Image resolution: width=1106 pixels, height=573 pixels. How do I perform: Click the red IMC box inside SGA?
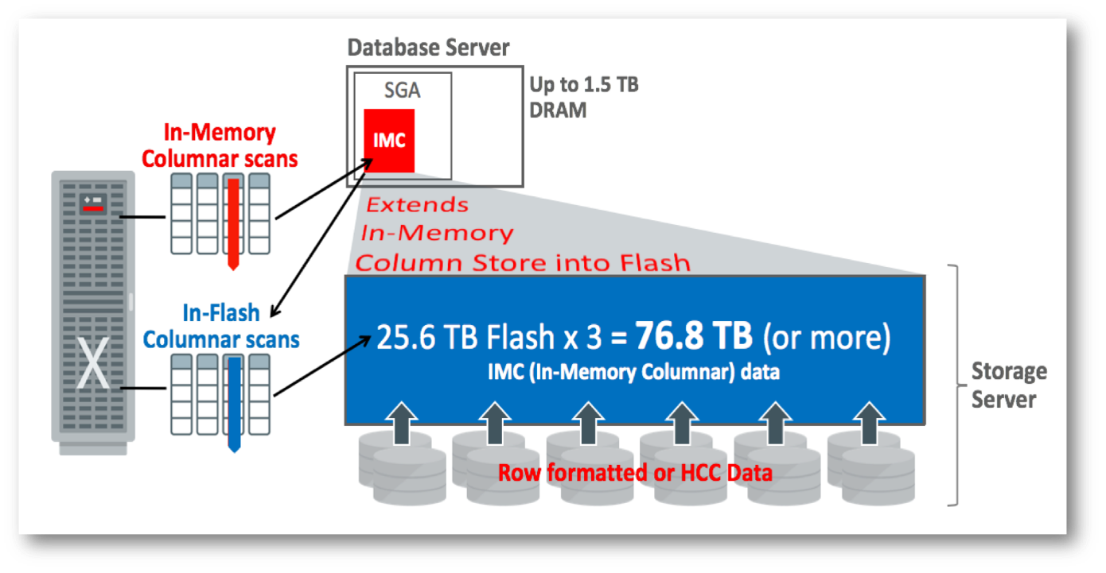pyautogui.click(x=389, y=141)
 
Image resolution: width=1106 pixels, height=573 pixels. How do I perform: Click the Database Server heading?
pyautogui.click(x=428, y=48)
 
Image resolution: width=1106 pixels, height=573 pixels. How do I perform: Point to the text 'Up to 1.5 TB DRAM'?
pyautogui.click(x=583, y=97)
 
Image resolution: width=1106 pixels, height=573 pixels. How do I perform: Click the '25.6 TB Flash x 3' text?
pyautogui.click(x=489, y=338)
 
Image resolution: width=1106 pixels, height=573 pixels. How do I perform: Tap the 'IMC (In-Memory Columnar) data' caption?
pyautogui.click(x=633, y=372)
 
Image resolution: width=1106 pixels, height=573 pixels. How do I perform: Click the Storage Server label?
pyautogui.click(x=1008, y=385)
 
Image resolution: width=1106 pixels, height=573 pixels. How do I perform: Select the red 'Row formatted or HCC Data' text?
pyautogui.click(x=634, y=473)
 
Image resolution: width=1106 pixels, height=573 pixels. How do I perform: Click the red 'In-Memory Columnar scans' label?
pyautogui.click(x=220, y=145)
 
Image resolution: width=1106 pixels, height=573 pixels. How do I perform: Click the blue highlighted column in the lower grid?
pyautogui.click(x=233, y=401)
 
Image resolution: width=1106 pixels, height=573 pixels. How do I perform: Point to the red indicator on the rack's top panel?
pyautogui.click(x=92, y=207)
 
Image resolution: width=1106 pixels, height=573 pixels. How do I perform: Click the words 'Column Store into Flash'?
pyautogui.click(x=522, y=261)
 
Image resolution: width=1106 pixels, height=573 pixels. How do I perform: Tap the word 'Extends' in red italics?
pyautogui.click(x=417, y=205)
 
